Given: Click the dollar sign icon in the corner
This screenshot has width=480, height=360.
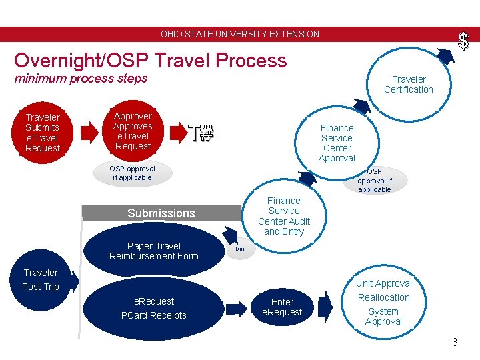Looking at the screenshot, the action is [x=463, y=42].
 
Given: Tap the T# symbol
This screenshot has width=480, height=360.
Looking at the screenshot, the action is [x=200, y=133].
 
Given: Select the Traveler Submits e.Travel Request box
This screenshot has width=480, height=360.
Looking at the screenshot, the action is [x=43, y=133].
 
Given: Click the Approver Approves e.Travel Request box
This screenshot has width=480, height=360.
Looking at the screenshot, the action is [x=133, y=131].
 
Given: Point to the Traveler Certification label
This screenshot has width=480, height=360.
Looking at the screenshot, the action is [x=408, y=84].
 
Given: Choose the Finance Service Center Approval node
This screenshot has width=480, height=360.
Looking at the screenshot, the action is [x=337, y=143].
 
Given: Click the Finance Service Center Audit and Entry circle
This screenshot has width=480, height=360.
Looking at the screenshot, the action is [x=284, y=216].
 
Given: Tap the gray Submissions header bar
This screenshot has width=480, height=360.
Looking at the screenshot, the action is [x=161, y=213].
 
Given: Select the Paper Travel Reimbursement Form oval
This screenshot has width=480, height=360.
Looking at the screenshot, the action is [x=154, y=251].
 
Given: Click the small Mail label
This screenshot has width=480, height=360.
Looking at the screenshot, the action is [x=241, y=249].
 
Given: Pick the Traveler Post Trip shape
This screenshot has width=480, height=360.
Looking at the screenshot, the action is [x=41, y=279].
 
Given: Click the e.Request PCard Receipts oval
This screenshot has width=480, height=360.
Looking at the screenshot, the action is [x=153, y=308].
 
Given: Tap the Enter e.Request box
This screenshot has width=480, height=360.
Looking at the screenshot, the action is [x=282, y=307].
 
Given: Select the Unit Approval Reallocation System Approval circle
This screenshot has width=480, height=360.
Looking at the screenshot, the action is [x=383, y=302].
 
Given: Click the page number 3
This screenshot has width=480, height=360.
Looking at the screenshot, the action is [x=455, y=343].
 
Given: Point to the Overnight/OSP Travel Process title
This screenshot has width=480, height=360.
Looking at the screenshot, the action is [x=150, y=61].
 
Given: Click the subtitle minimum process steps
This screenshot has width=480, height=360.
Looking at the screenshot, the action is [x=81, y=79].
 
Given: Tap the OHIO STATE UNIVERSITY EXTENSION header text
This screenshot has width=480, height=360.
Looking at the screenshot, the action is [x=240, y=34].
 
